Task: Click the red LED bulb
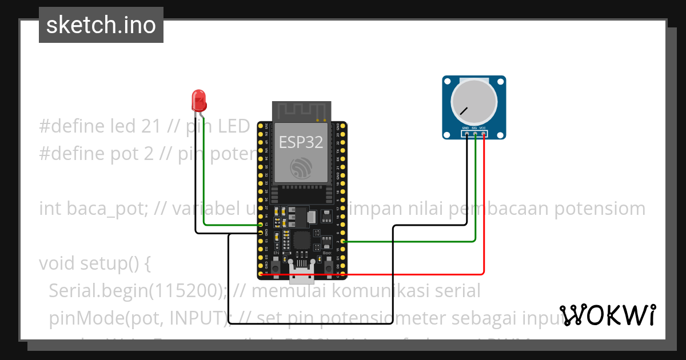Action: [199, 99]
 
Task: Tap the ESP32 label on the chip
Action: [301, 142]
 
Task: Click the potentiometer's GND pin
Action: [466, 134]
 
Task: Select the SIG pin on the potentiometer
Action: [475, 134]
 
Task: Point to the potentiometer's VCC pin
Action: [484, 134]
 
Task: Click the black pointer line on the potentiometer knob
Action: [462, 110]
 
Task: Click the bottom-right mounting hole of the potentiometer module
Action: [501, 135]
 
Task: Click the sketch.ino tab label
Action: [101, 25]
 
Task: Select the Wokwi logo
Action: [608, 315]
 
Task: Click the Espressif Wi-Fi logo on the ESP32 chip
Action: [301, 169]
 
